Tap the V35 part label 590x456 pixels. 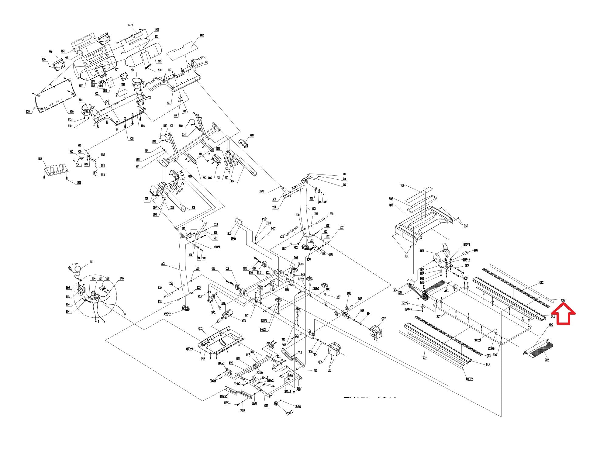pos(563,300)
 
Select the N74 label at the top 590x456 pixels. pos(131,25)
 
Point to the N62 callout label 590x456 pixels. pos(202,36)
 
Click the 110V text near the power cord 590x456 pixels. pos(75,264)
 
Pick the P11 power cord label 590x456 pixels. pos(91,262)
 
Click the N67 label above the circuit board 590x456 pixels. pos(40,159)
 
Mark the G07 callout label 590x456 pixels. pos(252,135)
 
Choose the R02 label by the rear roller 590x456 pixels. pos(547,360)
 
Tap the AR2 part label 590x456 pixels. pos(550,325)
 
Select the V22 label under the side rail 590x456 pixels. pos(424,358)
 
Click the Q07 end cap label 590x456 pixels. pos(383,319)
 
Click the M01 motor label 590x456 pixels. pos(422,251)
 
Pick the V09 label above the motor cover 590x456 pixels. pos(402,185)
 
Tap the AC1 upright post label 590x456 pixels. pos(163,264)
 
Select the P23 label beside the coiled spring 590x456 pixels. pos(282,236)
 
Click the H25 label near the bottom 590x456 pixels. pos(226,403)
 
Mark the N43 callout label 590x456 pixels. pos(103,175)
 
